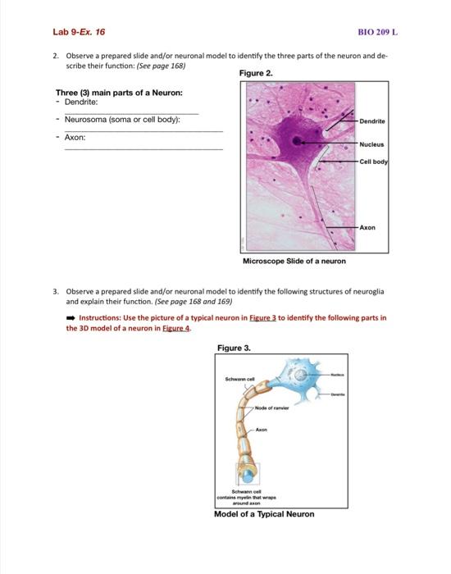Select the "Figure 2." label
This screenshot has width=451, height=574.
coord(256,73)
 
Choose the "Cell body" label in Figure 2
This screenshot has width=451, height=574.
coord(373,162)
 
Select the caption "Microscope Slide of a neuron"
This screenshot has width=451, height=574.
coord(294,261)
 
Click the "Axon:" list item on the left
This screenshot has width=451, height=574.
coord(72,138)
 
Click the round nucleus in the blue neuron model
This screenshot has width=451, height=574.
coord(304,376)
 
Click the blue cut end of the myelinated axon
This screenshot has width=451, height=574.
coord(248,473)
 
